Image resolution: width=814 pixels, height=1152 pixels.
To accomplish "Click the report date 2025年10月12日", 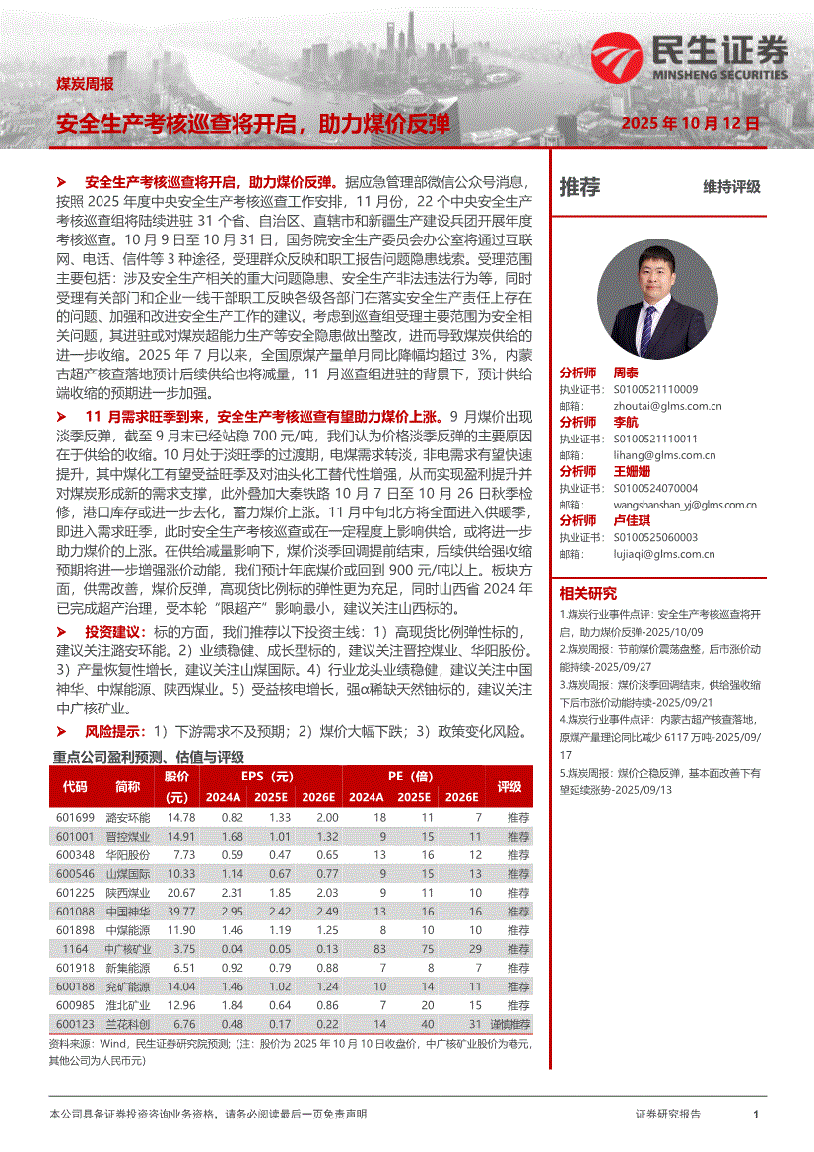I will tap(691, 124).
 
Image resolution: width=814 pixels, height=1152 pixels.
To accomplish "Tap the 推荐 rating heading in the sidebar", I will tap(579, 187).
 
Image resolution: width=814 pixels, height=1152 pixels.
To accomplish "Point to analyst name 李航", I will tap(626, 422).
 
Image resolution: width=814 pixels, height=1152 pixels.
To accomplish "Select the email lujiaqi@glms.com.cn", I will tap(658, 554).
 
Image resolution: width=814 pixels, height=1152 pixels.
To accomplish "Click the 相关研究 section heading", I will tap(587, 593).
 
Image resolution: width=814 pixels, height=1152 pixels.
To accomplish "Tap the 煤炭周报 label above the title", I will tap(85, 84).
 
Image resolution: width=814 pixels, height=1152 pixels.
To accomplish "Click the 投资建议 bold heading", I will tap(114, 631).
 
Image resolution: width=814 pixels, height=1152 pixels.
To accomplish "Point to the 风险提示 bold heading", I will tap(114, 732).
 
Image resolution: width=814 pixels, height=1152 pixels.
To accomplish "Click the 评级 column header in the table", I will tap(509, 786).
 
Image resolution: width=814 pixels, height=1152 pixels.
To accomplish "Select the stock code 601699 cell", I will tap(74, 818).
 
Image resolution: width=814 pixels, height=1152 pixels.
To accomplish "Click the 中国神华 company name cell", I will tap(128, 912).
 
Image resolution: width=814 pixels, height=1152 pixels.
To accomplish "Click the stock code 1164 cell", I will tap(74, 949).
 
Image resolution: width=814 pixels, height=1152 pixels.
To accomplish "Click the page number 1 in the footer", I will tap(755, 1114).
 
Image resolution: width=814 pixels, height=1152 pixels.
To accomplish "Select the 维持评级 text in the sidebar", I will tap(731, 187).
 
